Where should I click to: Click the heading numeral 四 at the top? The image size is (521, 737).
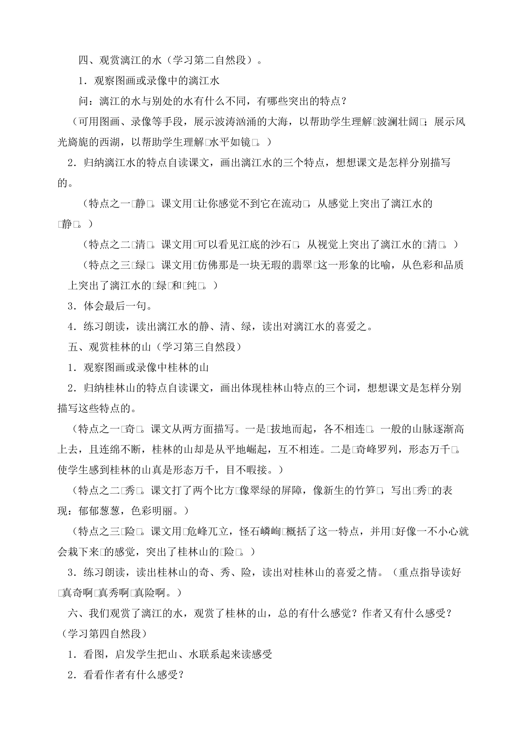point(84,60)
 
